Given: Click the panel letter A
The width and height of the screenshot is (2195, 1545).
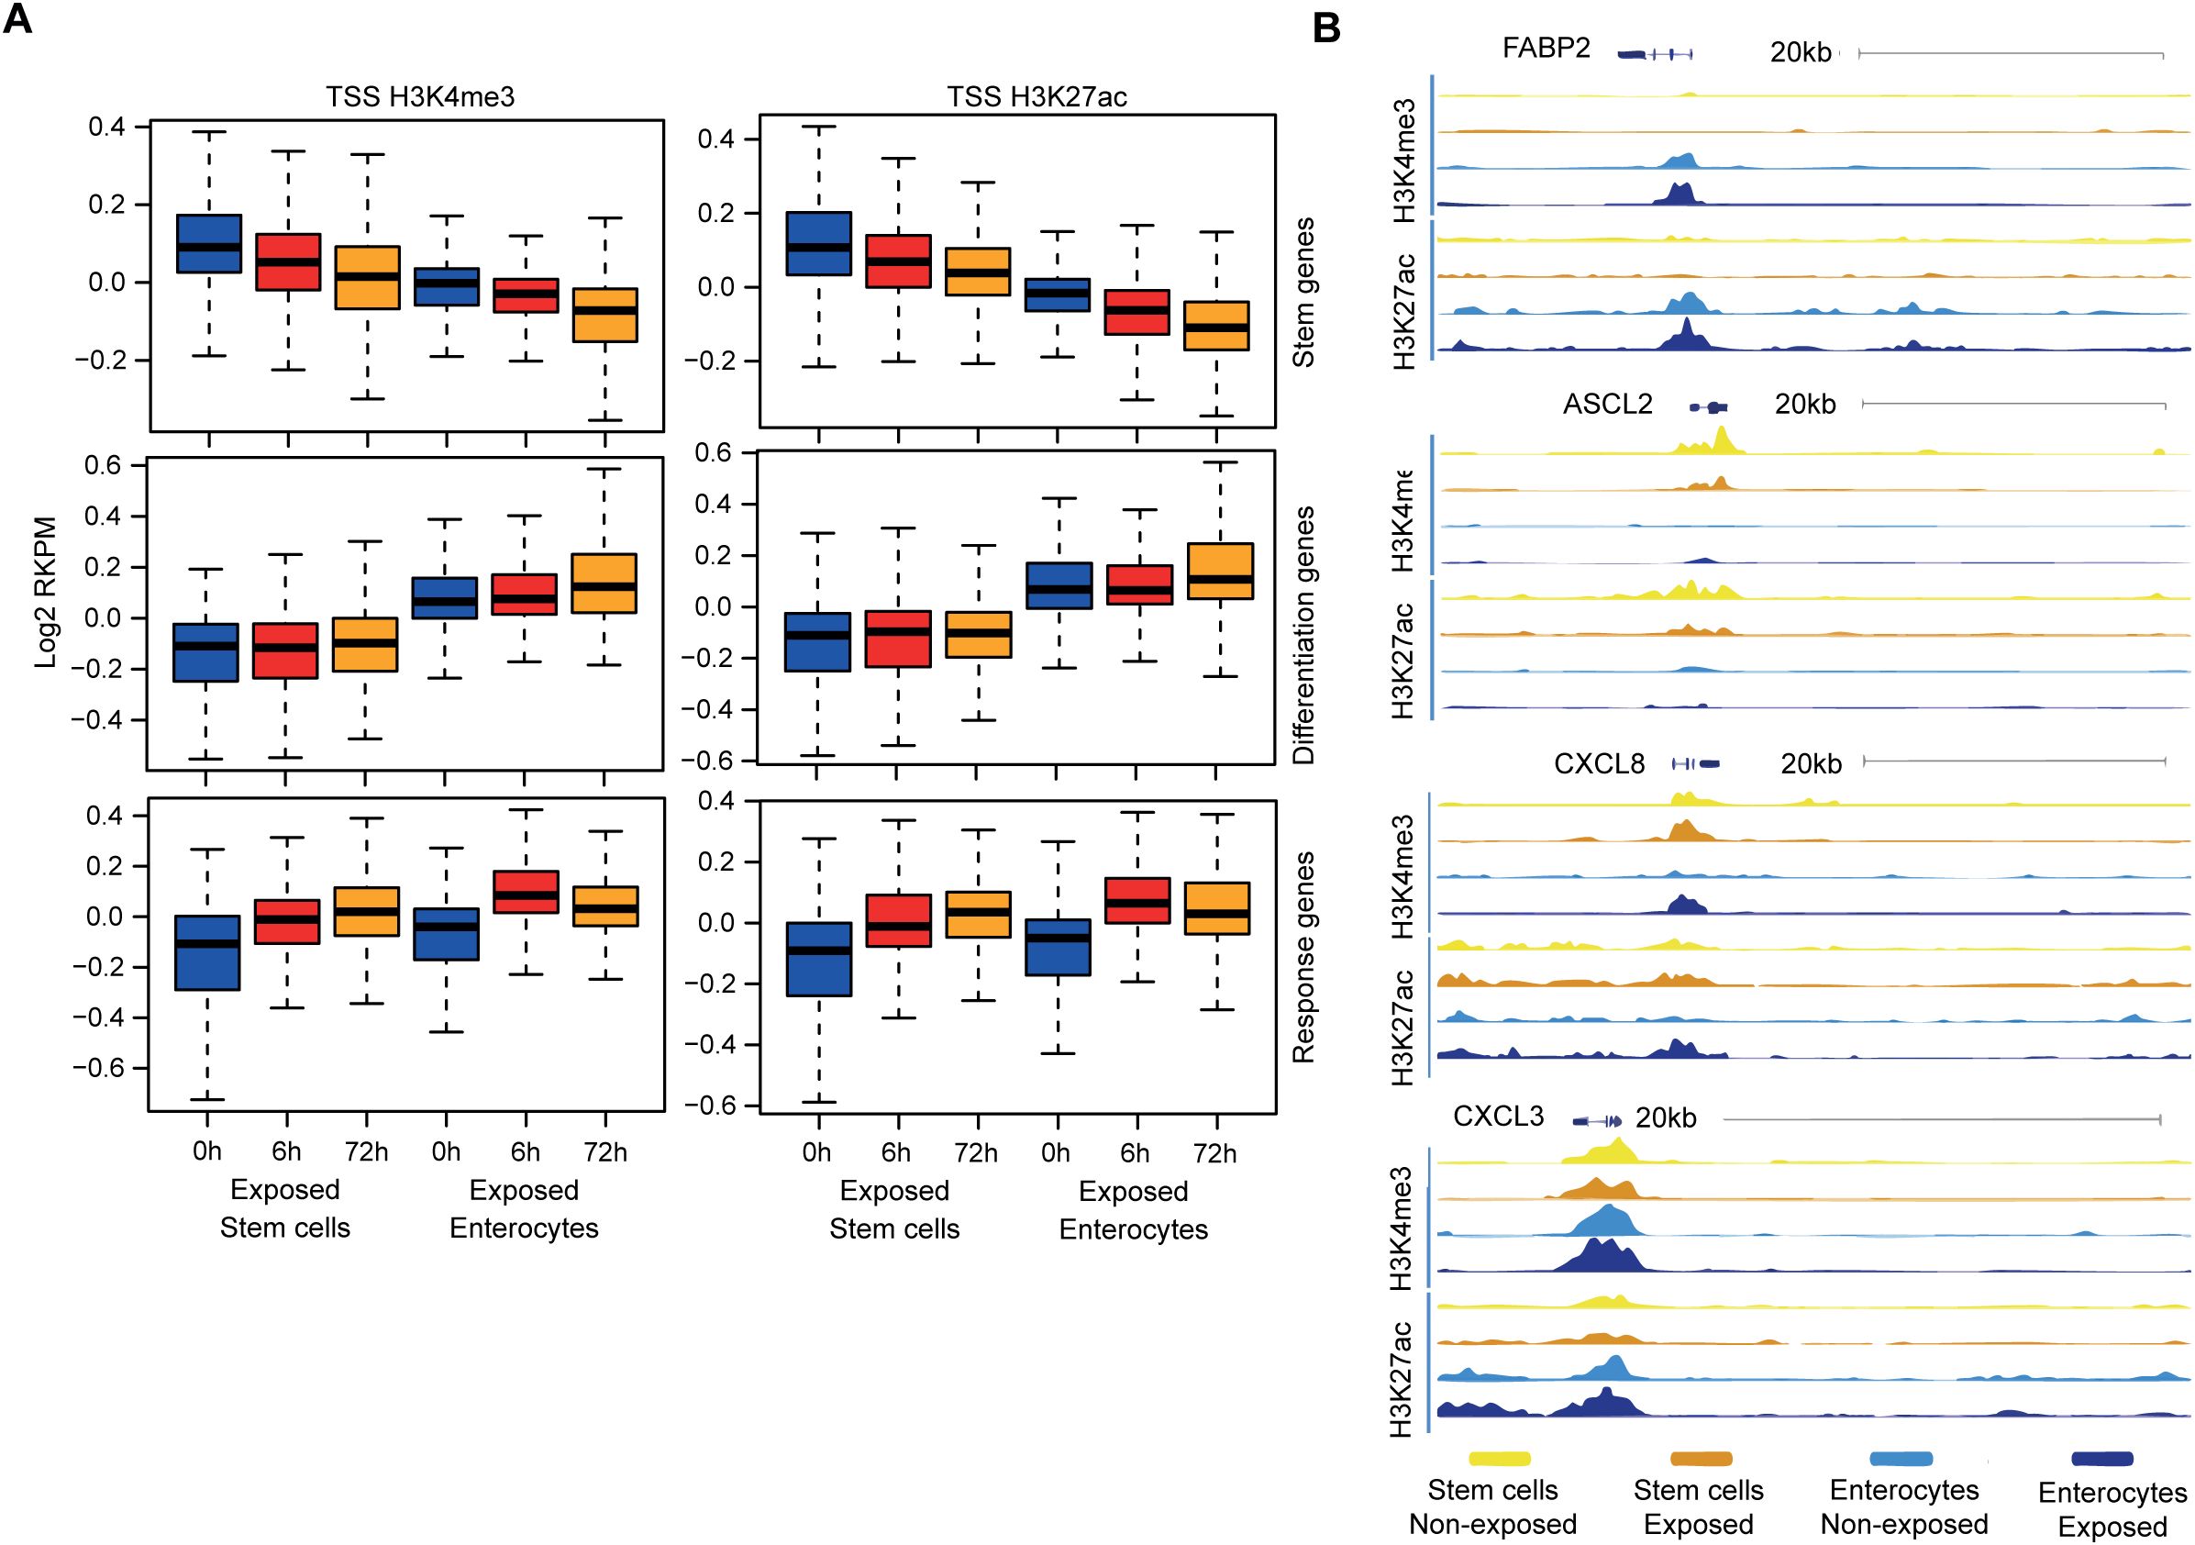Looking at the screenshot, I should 18,20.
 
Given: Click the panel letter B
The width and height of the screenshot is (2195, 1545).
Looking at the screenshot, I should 1326,28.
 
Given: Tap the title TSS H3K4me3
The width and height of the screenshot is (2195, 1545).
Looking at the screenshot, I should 420,97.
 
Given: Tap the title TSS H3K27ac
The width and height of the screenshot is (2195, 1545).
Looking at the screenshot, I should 1037,97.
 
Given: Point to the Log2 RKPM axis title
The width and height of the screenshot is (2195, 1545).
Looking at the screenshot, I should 46,592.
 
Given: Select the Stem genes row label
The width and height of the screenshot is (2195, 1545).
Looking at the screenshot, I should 1304,293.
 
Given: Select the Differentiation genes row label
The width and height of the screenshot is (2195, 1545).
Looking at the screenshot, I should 1304,635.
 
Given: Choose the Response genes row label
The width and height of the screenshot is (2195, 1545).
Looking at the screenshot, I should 1304,957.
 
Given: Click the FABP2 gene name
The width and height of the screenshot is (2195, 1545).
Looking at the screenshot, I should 1546,48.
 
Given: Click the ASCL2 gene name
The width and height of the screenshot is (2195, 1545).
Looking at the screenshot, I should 1607,405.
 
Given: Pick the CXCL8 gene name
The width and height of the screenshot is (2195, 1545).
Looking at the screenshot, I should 1600,764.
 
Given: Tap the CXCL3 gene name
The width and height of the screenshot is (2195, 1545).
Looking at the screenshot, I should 1498,1117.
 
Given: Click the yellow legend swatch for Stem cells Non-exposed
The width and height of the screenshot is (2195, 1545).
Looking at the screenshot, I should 1499,1459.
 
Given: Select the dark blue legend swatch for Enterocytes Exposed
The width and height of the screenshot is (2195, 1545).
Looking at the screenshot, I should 2102,1459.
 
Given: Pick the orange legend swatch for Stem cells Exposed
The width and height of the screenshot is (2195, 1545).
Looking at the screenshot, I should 1701,1459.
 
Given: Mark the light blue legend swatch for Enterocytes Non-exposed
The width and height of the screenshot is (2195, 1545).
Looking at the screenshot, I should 1901,1459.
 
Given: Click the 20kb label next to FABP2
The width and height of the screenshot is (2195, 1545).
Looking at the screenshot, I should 1801,51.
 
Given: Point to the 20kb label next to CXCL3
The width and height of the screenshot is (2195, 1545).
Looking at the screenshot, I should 1666,1117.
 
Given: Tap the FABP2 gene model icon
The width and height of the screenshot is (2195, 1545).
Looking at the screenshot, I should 1655,54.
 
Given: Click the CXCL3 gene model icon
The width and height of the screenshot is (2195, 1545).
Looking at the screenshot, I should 1598,1119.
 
